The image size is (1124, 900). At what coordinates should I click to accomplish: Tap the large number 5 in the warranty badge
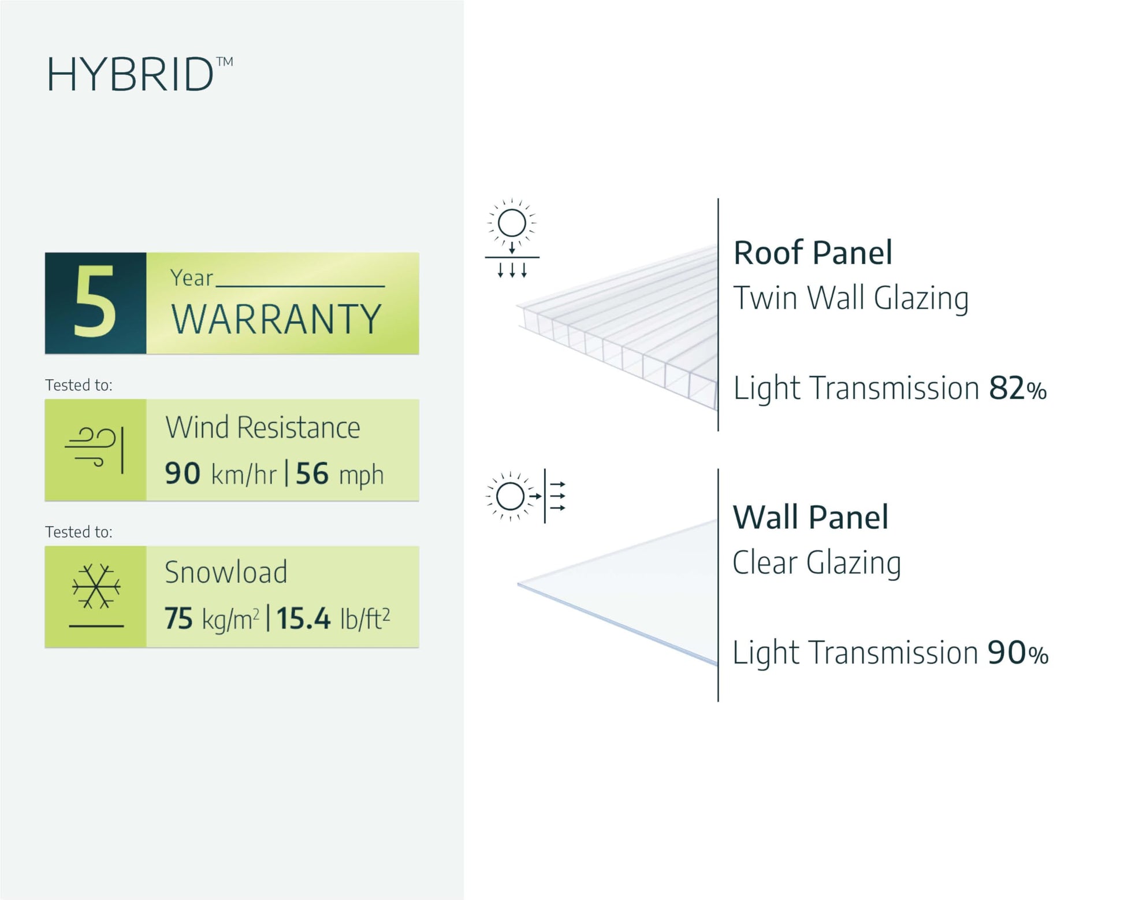pyautogui.click(x=95, y=302)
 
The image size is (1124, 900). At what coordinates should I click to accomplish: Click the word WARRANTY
pyautogui.click(x=276, y=319)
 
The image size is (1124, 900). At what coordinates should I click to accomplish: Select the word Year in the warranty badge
pyautogui.click(x=191, y=278)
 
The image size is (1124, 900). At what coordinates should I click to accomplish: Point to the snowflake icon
pyautogui.click(x=96, y=587)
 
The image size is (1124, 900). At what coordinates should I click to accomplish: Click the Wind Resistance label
pyautogui.click(x=263, y=428)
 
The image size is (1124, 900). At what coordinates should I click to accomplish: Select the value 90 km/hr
pyautogui.click(x=220, y=474)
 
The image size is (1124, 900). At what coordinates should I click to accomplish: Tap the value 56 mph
pyautogui.click(x=340, y=475)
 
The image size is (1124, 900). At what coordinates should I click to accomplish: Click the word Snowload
pyautogui.click(x=226, y=572)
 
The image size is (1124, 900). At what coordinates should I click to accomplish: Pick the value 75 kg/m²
pyautogui.click(x=211, y=618)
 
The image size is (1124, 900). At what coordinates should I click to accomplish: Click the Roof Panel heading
pyautogui.click(x=813, y=253)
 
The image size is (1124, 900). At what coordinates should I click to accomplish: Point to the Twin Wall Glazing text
pyautogui.click(x=851, y=299)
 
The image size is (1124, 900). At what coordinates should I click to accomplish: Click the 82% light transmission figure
pyautogui.click(x=1017, y=388)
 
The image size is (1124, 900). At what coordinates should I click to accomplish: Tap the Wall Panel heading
pyautogui.click(x=810, y=517)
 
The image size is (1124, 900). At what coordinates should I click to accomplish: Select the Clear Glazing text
pyautogui.click(x=817, y=563)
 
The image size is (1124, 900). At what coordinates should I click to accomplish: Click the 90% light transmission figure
pyautogui.click(x=1017, y=653)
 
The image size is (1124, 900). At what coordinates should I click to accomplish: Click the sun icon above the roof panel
pyautogui.click(x=512, y=224)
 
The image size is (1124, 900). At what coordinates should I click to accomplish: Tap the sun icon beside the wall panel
pyautogui.click(x=510, y=496)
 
